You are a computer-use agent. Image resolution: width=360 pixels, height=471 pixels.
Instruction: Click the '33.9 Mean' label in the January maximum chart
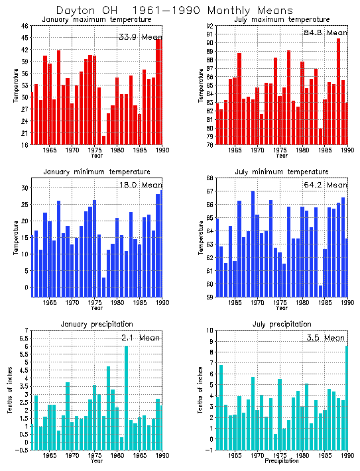140,37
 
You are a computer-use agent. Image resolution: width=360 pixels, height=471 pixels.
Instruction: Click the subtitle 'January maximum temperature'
97,20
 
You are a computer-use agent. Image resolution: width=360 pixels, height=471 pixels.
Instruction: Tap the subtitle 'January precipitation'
97,324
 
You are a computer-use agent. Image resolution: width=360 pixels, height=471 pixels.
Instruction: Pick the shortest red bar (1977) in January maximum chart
104,140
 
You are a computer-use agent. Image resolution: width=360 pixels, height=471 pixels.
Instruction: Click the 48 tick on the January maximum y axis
25,26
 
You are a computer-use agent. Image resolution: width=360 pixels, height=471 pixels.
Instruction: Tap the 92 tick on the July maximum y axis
210,26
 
